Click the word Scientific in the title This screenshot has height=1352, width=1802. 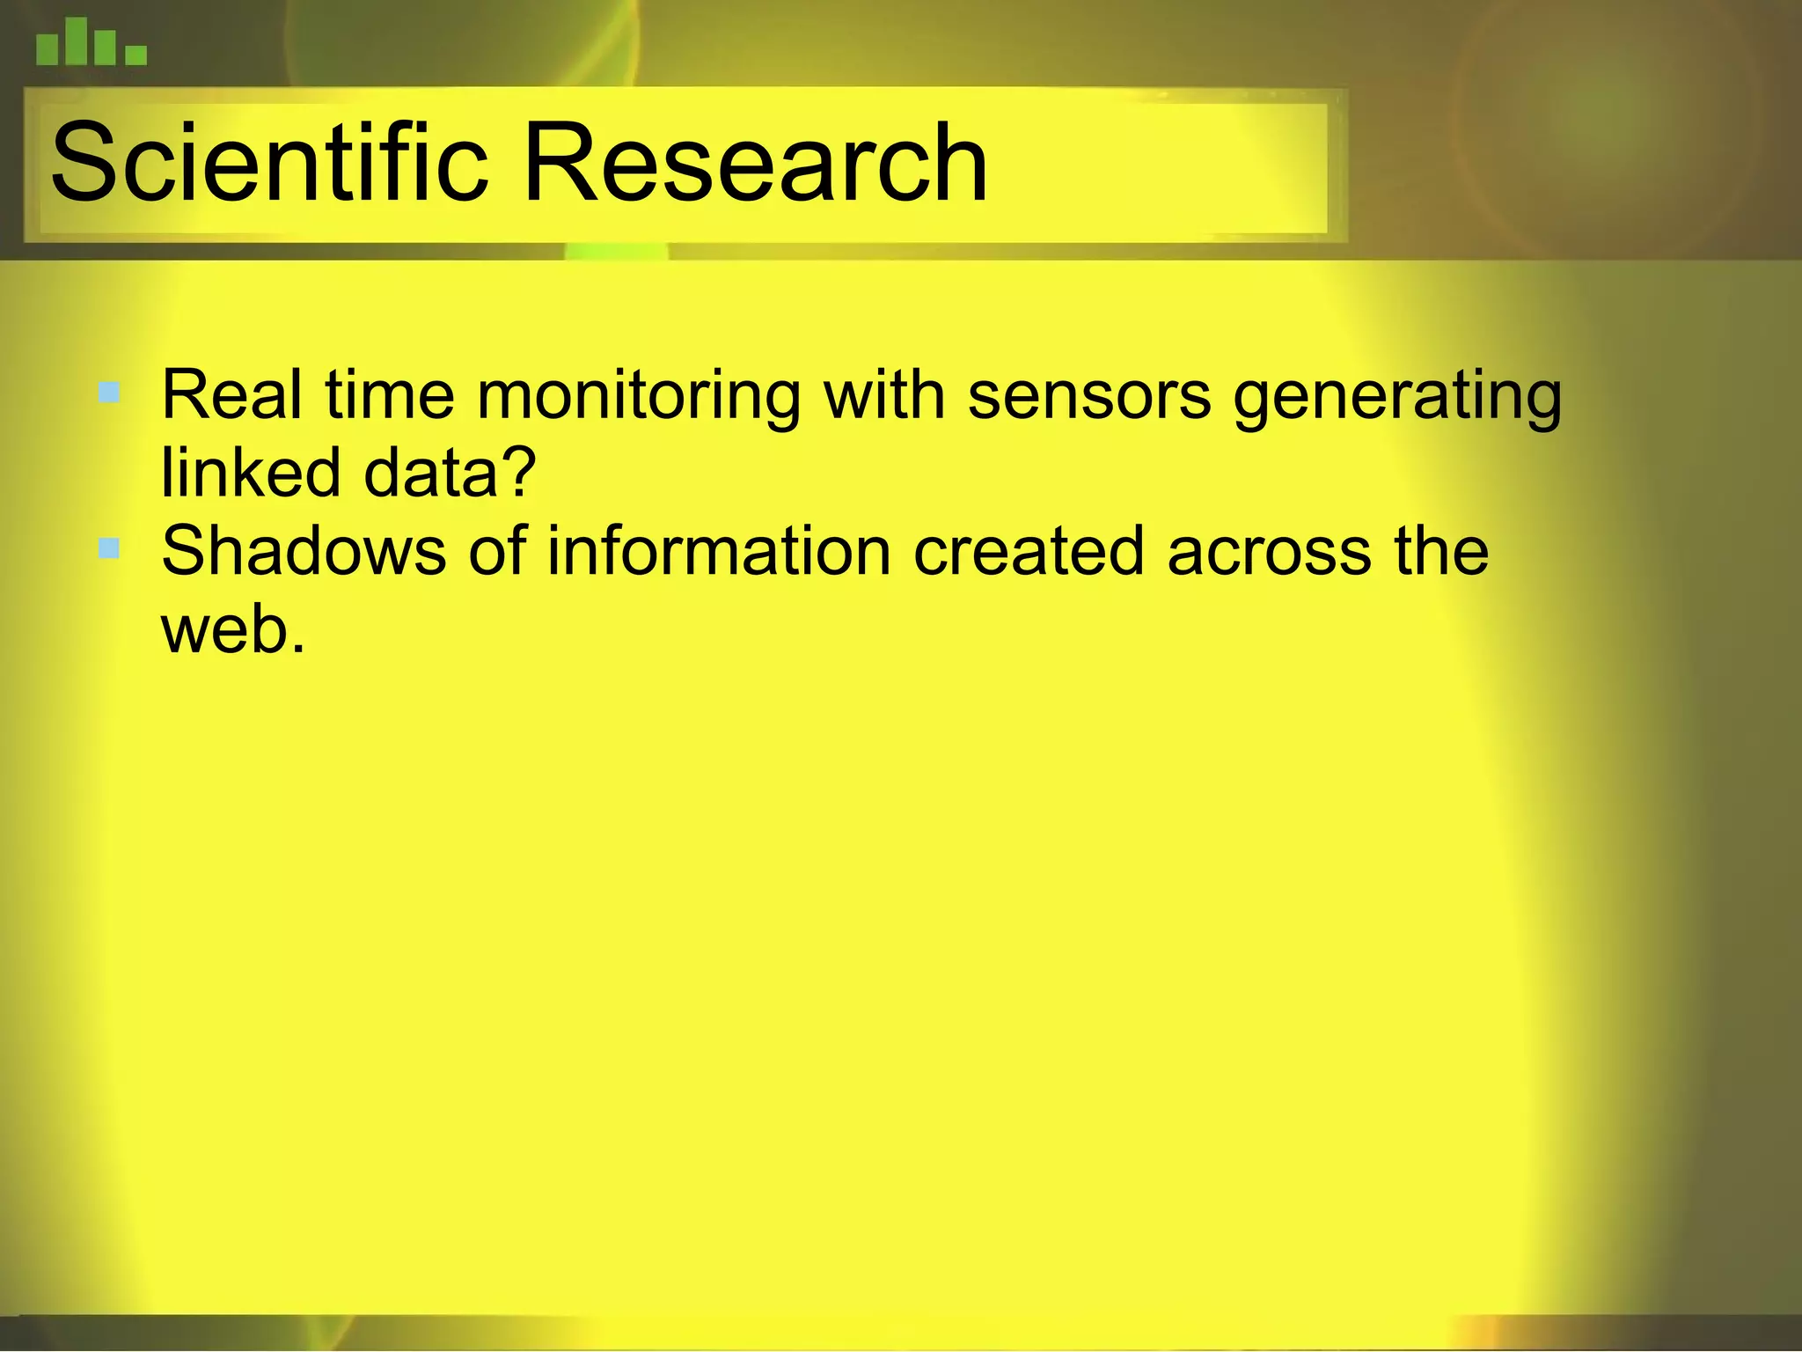click(x=268, y=164)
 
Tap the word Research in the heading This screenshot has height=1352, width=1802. click(x=755, y=164)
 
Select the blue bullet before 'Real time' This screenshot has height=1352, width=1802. click(x=109, y=392)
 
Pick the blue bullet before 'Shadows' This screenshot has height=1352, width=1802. click(x=109, y=549)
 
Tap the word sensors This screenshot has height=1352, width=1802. click(x=1089, y=395)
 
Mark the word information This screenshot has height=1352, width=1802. click(x=720, y=551)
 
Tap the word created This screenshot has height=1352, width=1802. click(x=1029, y=551)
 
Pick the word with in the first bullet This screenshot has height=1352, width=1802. click(x=883, y=395)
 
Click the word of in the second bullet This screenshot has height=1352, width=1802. click(x=496, y=551)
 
